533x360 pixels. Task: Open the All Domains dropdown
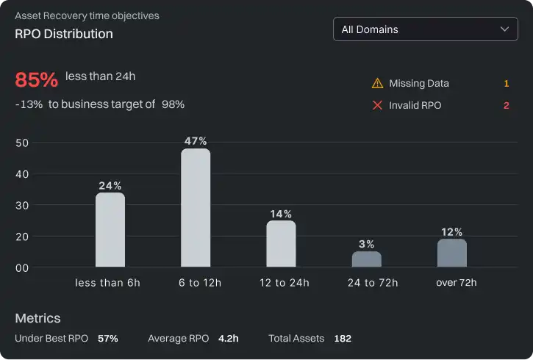[425, 29]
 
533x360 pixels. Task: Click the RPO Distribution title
[64, 34]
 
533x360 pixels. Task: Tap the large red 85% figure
[36, 79]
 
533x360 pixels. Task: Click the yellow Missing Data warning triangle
[378, 84]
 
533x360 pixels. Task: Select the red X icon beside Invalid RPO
[378, 106]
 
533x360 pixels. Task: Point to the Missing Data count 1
[506, 84]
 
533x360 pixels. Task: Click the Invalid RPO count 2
[506, 106]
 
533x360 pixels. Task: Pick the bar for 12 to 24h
[281, 244]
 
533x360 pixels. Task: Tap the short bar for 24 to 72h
[366, 259]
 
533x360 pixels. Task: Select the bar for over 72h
[451, 253]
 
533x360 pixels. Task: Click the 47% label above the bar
[196, 141]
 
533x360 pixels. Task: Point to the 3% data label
[366, 244]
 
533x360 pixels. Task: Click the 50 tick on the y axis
[22, 143]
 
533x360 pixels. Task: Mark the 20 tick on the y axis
[22, 237]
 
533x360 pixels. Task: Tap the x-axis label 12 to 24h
[285, 283]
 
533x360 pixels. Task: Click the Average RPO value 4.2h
[228, 339]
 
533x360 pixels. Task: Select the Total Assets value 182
[343, 339]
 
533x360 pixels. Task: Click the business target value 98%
[173, 104]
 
